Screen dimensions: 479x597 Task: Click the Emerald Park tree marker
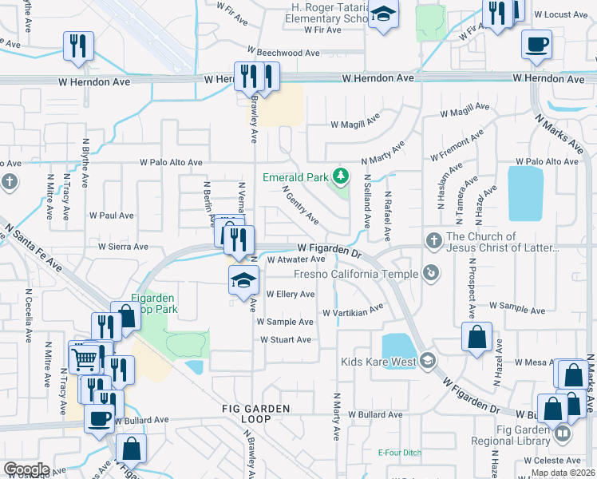pyautogui.click(x=342, y=175)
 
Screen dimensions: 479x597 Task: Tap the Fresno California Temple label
pyautogui.click(x=356, y=275)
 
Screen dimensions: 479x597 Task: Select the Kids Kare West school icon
pyautogui.click(x=429, y=362)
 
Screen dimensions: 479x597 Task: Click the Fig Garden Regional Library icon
pyautogui.click(x=563, y=434)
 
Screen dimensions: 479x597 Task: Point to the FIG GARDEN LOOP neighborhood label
pyautogui.click(x=256, y=409)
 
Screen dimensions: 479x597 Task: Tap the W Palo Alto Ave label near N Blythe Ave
pyautogui.click(x=171, y=162)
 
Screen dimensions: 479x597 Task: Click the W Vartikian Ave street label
pyautogui.click(x=354, y=310)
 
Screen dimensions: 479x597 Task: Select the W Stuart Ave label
pyautogui.click(x=285, y=339)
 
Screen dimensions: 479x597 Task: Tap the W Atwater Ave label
pyautogui.click(x=296, y=259)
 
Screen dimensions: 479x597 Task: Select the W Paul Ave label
pyautogui.click(x=111, y=216)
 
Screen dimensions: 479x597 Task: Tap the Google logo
pyautogui.click(x=26, y=469)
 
